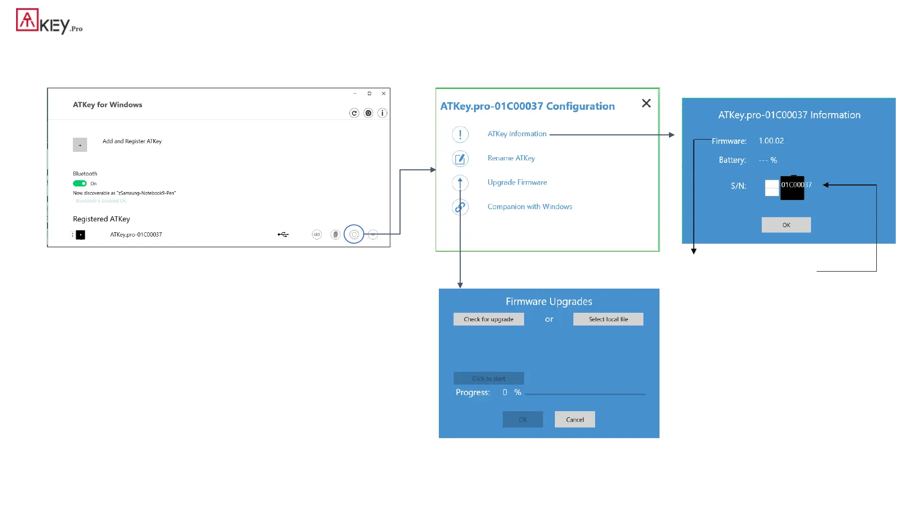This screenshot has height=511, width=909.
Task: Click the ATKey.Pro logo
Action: [49, 21]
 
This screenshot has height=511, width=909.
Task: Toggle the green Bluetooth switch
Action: [80, 184]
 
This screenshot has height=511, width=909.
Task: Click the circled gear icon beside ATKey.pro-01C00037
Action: [354, 234]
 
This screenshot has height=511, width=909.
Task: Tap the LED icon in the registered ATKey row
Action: [317, 234]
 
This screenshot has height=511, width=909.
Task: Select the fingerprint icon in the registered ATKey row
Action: [335, 234]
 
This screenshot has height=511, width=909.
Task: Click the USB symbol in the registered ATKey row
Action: [283, 234]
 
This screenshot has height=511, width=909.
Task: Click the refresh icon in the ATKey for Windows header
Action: [354, 113]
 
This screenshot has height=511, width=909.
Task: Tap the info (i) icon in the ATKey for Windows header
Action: [382, 113]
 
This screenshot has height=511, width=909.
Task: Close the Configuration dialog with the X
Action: [646, 103]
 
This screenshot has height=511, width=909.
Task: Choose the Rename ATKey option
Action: [511, 158]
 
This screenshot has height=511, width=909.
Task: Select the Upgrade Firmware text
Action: [517, 182]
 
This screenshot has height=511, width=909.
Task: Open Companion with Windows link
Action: [529, 207]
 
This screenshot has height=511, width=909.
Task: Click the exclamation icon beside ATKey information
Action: [460, 134]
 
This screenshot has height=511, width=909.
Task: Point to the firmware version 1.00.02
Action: [771, 141]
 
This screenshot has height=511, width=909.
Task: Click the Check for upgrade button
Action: [489, 319]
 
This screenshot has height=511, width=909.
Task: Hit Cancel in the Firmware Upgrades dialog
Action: [575, 420]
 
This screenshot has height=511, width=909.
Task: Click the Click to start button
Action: [489, 379]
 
